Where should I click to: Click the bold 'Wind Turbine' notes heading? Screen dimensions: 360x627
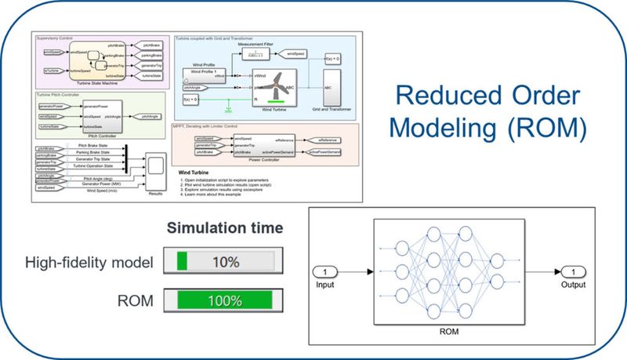click(195, 168)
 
